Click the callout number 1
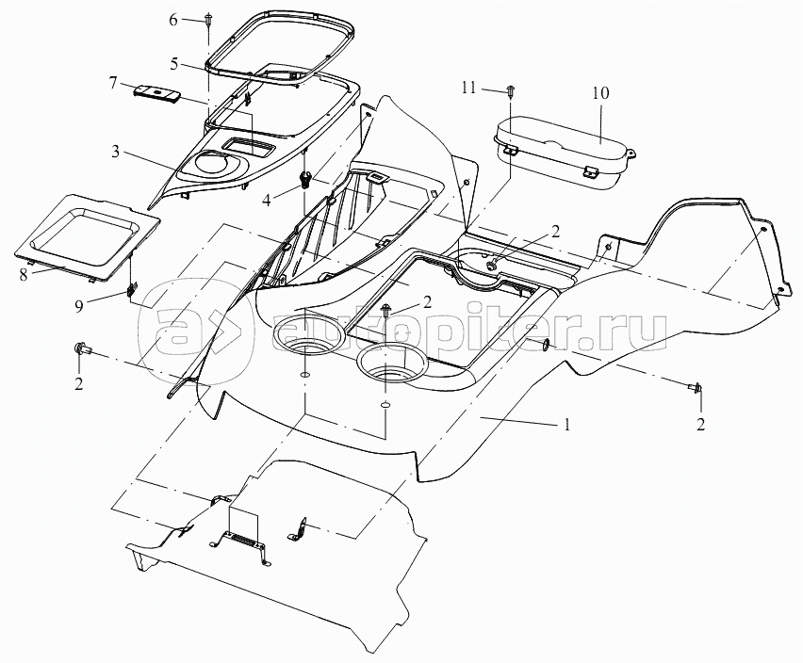[x=566, y=425]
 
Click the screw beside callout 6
[x=207, y=22]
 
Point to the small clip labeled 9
[x=131, y=288]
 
